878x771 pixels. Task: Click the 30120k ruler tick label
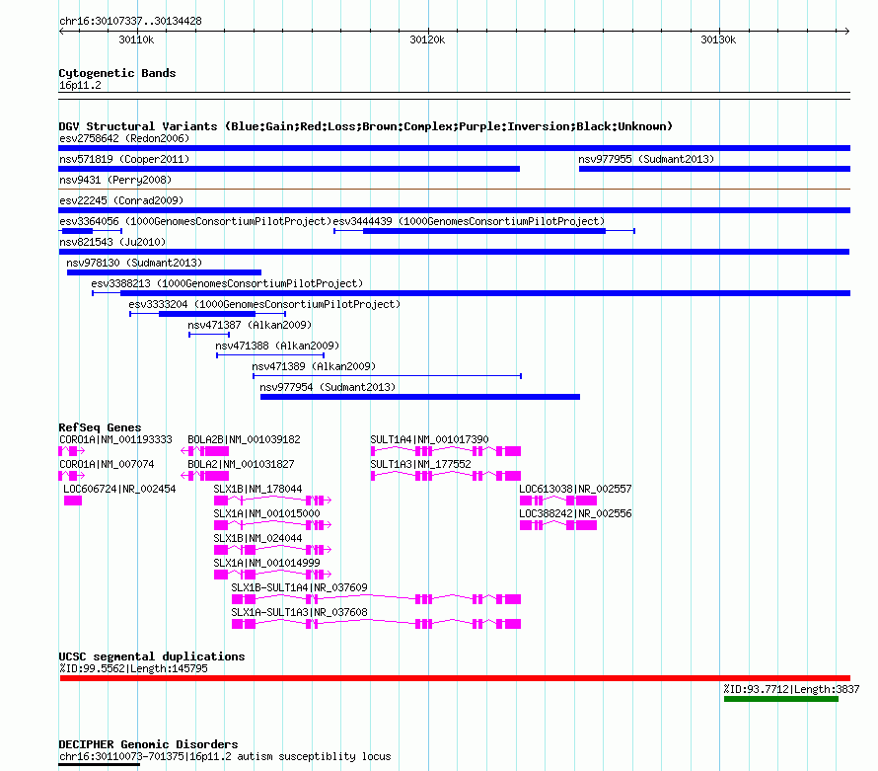pos(427,39)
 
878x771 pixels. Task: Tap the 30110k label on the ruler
pos(136,39)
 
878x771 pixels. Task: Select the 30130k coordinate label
pos(718,39)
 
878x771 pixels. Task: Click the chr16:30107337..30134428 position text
pos(130,22)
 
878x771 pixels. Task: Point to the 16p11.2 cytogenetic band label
pos(80,85)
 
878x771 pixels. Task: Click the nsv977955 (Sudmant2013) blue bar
pos(714,169)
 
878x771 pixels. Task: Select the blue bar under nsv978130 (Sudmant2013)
pos(164,272)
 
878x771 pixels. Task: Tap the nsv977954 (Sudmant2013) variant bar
pos(420,397)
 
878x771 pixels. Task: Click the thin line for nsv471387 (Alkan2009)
pos(209,335)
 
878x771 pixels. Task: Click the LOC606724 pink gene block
pos(73,501)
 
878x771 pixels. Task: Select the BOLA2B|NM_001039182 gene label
pos(244,439)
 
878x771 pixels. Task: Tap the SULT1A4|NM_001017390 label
pos(429,439)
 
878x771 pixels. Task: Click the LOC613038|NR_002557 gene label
pos(575,489)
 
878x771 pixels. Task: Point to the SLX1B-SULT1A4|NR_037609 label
pos(300,587)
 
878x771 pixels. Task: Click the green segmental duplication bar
pos(781,699)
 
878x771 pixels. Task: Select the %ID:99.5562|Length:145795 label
pos(133,668)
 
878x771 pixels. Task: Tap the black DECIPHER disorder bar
pos(99,765)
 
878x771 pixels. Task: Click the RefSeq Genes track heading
pos(100,427)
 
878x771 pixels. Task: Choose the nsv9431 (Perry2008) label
pos(115,180)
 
